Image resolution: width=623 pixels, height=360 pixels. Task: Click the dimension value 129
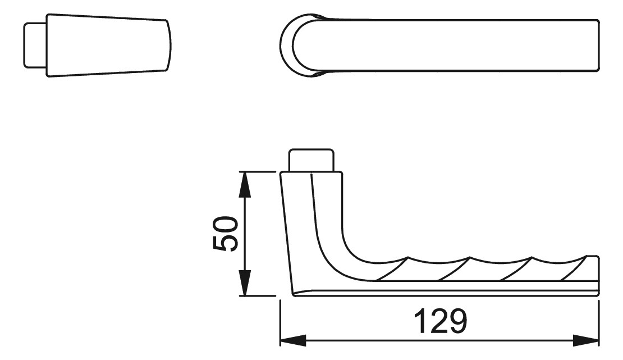440,321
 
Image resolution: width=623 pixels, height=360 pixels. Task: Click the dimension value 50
226,234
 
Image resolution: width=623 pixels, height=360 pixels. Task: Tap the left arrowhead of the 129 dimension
293,340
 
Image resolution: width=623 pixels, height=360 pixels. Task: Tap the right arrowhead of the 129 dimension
585,340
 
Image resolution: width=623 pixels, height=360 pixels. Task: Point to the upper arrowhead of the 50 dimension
246,185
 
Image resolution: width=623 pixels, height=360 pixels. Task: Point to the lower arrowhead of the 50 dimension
246,283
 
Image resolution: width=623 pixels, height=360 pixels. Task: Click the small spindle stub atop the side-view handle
311,160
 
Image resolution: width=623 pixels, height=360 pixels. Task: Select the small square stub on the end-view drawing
36,45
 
